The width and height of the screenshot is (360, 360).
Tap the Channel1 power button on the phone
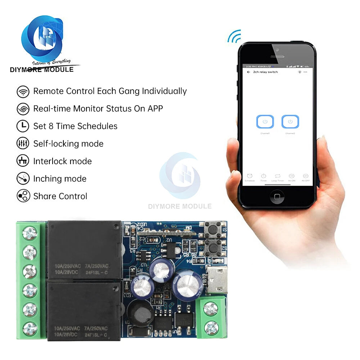coord(265,122)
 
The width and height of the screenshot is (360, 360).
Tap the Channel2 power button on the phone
coord(290,122)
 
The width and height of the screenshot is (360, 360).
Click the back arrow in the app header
coord(248,72)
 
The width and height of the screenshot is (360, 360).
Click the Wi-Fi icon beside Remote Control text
coord(23,91)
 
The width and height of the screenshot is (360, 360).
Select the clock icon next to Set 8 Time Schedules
coord(23,126)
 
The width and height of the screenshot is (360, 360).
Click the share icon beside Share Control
coord(23,196)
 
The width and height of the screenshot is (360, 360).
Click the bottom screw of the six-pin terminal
coord(30,328)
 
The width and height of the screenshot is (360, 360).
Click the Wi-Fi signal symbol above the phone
coord(234,36)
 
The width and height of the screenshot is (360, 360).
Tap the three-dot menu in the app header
coord(306,72)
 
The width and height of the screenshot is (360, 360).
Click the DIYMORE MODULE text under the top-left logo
coord(42,69)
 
